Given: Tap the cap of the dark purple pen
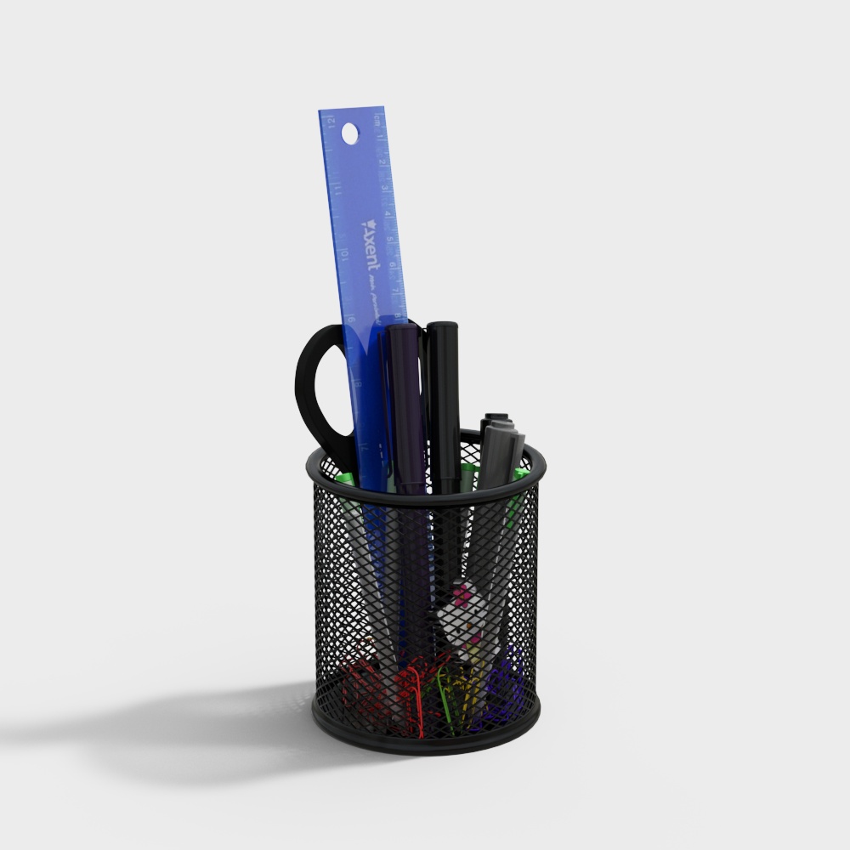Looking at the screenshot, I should coord(405,357).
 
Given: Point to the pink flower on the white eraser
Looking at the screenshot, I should coord(462,600).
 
